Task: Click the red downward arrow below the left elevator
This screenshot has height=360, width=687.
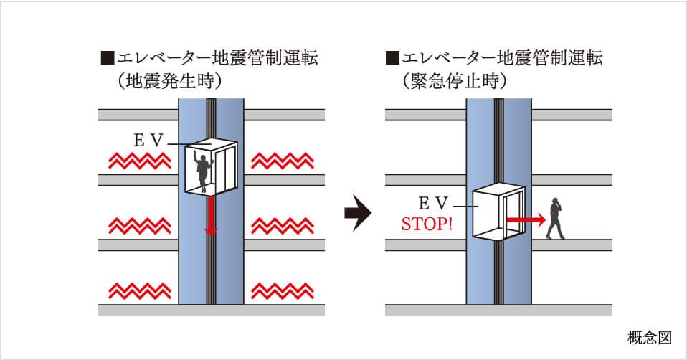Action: coord(211,215)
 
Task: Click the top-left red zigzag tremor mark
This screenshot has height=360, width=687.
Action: coord(139,160)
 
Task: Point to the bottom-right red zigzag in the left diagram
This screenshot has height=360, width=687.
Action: coord(282,291)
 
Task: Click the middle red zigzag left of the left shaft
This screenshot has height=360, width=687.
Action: coord(139,226)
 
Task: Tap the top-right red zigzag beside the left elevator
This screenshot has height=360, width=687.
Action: coord(282,160)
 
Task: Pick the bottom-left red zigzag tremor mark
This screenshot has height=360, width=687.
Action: coord(139,291)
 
